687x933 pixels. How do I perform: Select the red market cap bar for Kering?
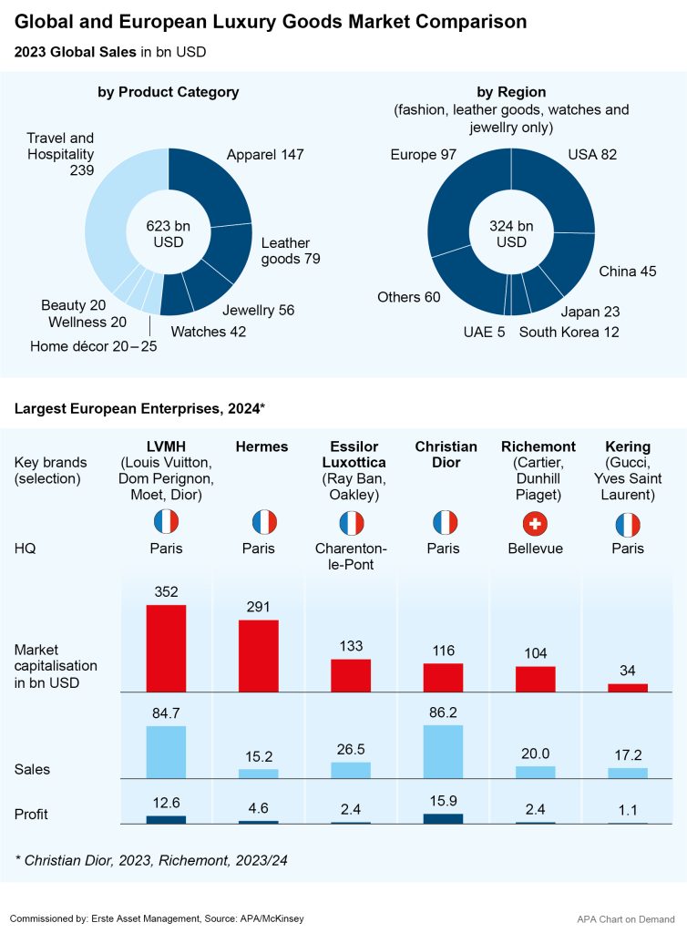[x=628, y=687]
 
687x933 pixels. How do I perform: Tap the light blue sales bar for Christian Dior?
[x=443, y=751]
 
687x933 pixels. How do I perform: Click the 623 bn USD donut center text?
[x=168, y=233]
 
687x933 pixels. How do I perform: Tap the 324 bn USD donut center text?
[x=511, y=233]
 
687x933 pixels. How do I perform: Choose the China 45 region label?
[x=627, y=271]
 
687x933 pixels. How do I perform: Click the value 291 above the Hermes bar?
[x=259, y=608]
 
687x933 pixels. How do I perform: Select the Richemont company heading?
[x=538, y=446]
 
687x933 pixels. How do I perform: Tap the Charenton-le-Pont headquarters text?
[x=351, y=556]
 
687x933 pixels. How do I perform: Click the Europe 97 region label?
[x=423, y=155]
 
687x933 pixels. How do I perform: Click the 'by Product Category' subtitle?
[x=169, y=92]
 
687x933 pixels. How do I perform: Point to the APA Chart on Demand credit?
[x=626, y=918]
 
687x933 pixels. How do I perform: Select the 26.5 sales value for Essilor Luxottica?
[x=351, y=749]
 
